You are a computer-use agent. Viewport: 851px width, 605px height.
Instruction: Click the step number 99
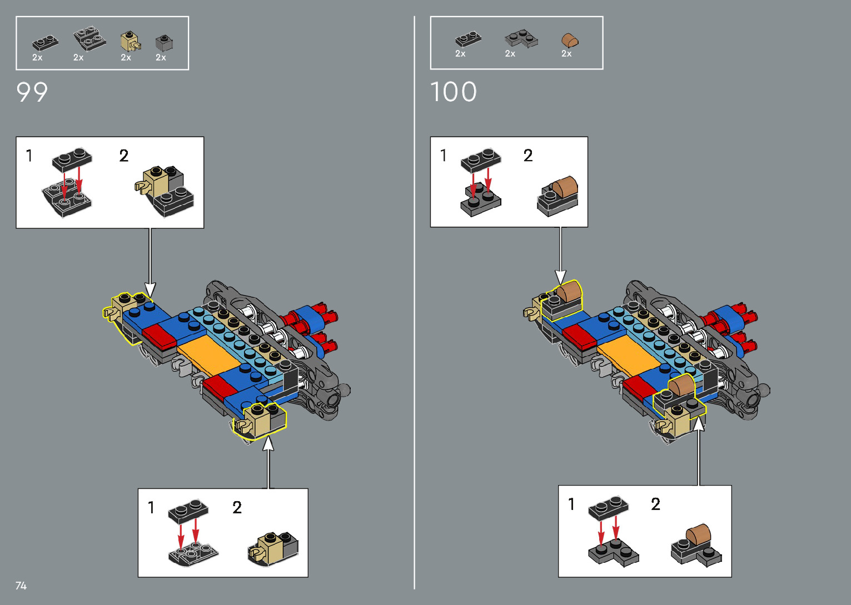pyautogui.click(x=32, y=92)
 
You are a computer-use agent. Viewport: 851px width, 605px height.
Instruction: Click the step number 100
pyautogui.click(x=454, y=92)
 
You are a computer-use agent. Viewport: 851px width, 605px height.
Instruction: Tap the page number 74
pyautogui.click(x=21, y=586)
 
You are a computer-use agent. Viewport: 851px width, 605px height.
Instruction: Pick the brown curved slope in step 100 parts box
pyautogui.click(x=570, y=41)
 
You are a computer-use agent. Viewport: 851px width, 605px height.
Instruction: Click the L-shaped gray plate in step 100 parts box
pyautogui.click(x=521, y=39)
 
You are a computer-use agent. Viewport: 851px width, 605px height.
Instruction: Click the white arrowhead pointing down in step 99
pyautogui.click(x=150, y=289)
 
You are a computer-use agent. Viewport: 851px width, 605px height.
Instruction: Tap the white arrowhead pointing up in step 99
pyautogui.click(x=268, y=443)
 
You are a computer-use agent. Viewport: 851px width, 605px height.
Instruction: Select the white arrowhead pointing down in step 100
pyautogui.click(x=560, y=277)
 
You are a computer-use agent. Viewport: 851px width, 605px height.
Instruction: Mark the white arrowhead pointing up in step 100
pyautogui.click(x=698, y=424)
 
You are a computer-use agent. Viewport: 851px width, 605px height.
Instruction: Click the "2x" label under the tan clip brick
pyautogui.click(x=126, y=57)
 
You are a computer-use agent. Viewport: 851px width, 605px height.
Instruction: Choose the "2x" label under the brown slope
pyautogui.click(x=566, y=54)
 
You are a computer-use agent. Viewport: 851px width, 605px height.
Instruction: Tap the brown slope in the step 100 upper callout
pyautogui.click(x=563, y=185)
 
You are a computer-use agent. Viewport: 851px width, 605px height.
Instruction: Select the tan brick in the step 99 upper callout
pyautogui.click(x=156, y=182)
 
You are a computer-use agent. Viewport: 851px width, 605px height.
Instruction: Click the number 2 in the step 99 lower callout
pyautogui.click(x=237, y=507)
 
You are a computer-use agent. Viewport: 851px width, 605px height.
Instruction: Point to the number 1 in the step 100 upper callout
pyautogui.click(x=443, y=155)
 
